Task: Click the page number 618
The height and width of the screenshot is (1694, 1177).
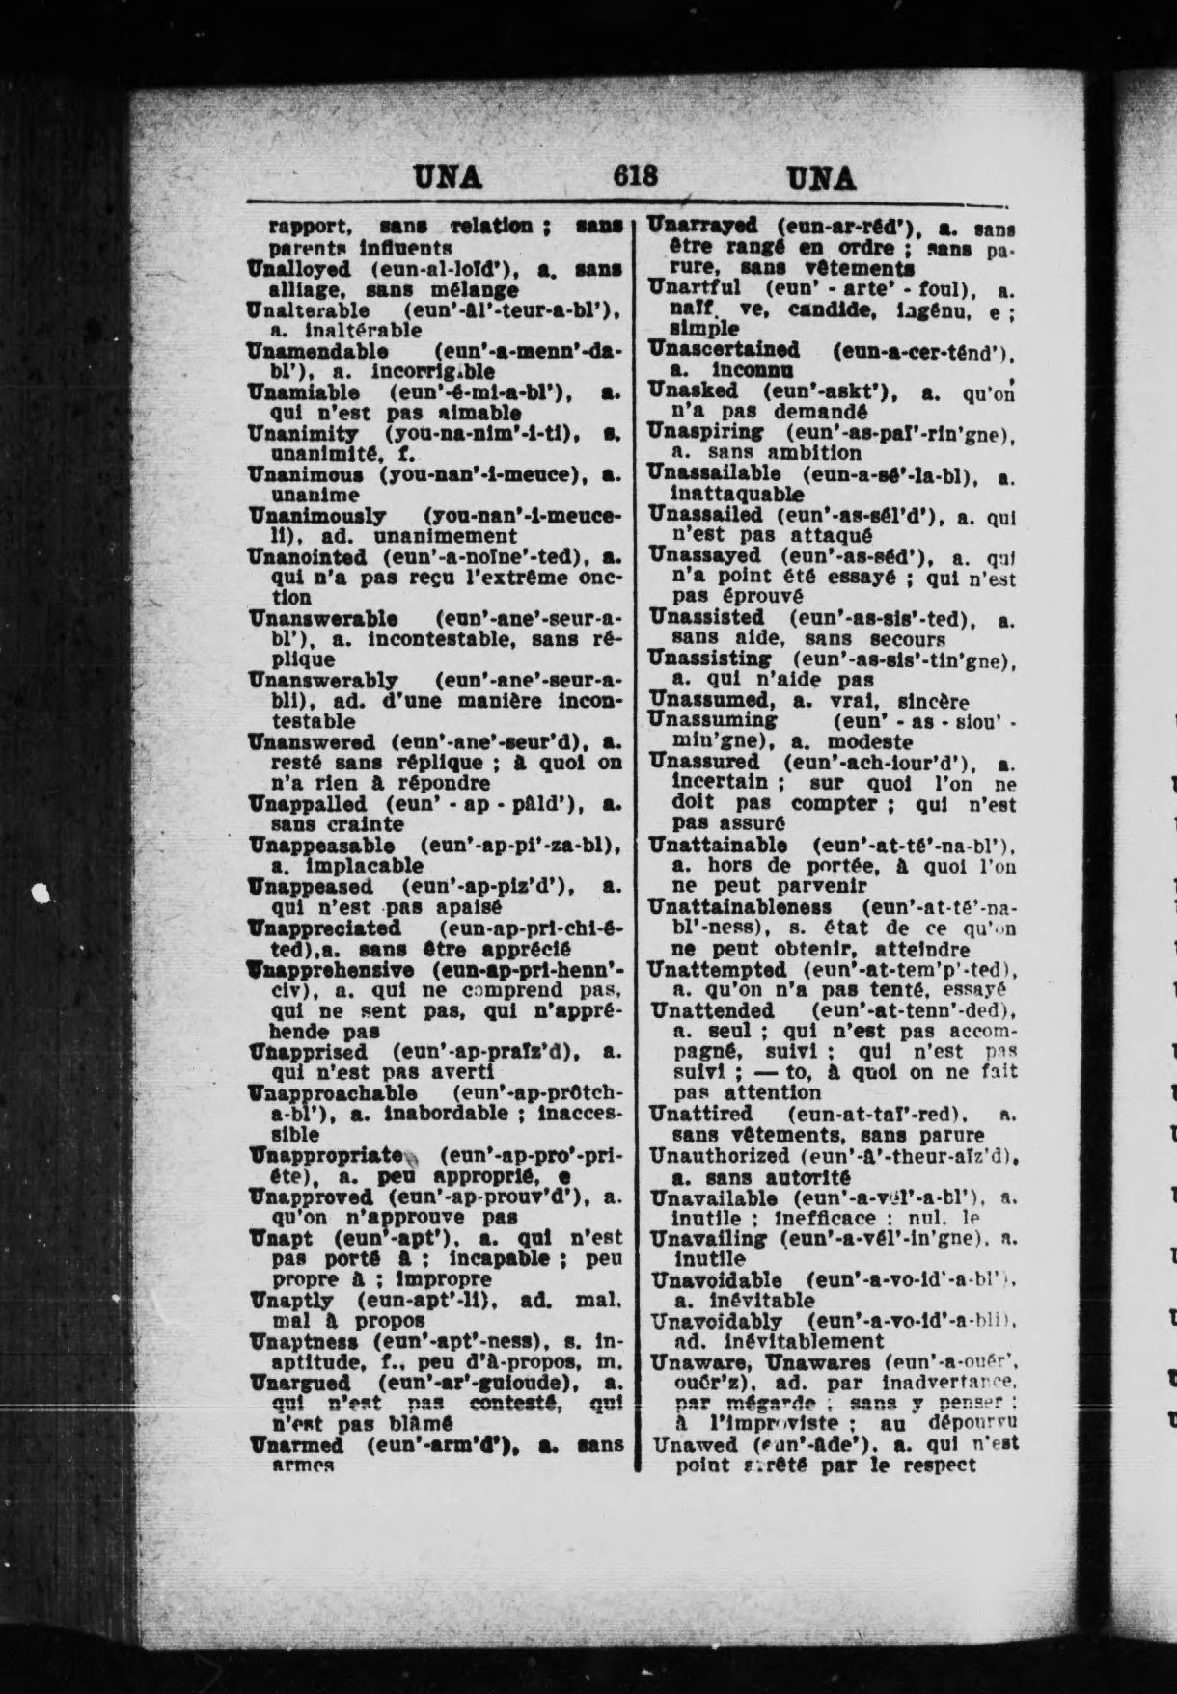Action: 636,176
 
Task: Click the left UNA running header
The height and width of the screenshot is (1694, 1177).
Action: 448,177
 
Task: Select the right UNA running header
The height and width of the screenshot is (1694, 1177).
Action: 821,178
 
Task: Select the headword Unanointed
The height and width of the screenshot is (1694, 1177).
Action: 307,556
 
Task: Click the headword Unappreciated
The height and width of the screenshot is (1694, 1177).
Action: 324,928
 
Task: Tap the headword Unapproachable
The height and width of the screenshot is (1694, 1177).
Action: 333,1093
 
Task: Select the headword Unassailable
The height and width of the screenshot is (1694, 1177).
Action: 714,472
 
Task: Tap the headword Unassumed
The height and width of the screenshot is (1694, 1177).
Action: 708,701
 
